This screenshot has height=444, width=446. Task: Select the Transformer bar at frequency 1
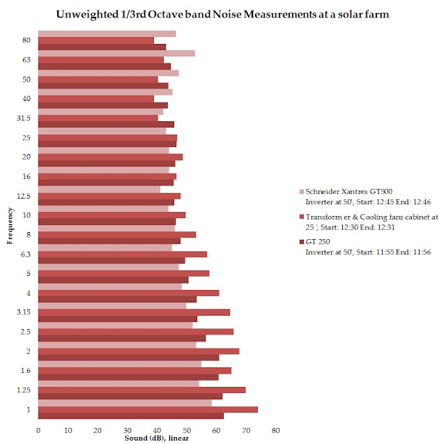pyautogui.click(x=148, y=409)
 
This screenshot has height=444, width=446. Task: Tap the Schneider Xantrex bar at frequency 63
pyautogui.click(x=116, y=53)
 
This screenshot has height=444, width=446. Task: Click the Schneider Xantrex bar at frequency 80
pyautogui.click(x=107, y=33)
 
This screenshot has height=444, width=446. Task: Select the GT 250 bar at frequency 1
pyautogui.click(x=131, y=415)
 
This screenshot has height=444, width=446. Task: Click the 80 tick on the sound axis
pyautogui.click(x=276, y=429)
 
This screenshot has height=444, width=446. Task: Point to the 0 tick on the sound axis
pyautogui.click(x=38, y=429)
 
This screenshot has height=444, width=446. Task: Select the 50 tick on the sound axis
pyautogui.click(x=187, y=429)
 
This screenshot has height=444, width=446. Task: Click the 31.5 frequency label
pyautogui.click(x=26, y=118)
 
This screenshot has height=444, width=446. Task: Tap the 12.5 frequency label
pyautogui.click(x=26, y=196)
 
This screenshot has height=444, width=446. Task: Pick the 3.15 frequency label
pyautogui.click(x=26, y=312)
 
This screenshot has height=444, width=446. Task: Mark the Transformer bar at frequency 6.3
pyautogui.click(x=123, y=254)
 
